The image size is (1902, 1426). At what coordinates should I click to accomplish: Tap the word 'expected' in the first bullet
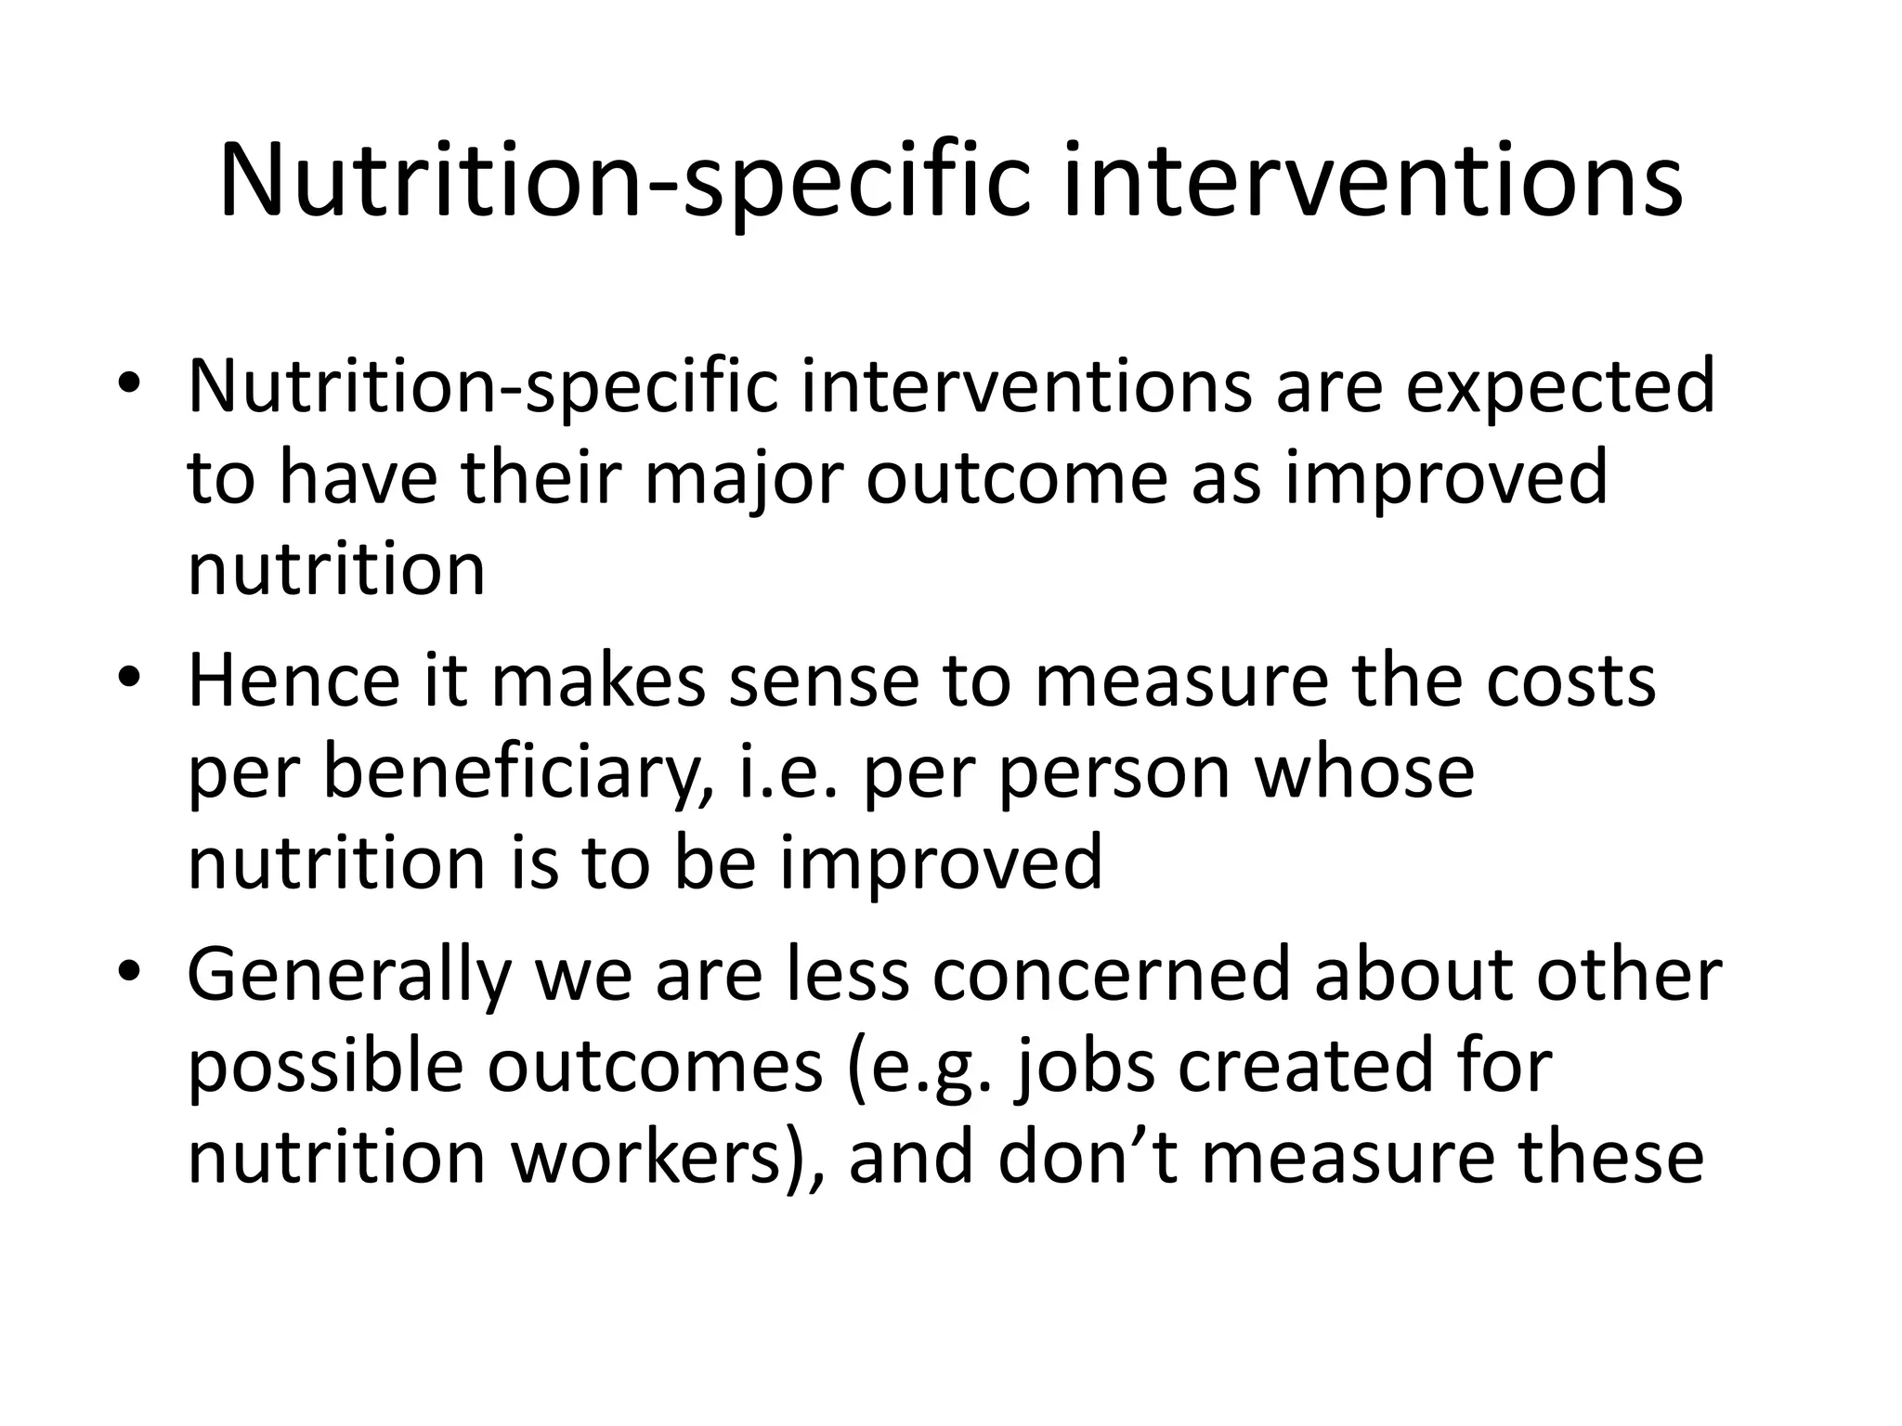click(x=1560, y=386)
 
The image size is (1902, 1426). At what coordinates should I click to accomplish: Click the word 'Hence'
click(x=293, y=681)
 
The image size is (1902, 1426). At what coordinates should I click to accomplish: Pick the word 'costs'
click(x=1570, y=681)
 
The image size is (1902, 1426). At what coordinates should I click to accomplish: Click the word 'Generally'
click(x=349, y=976)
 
